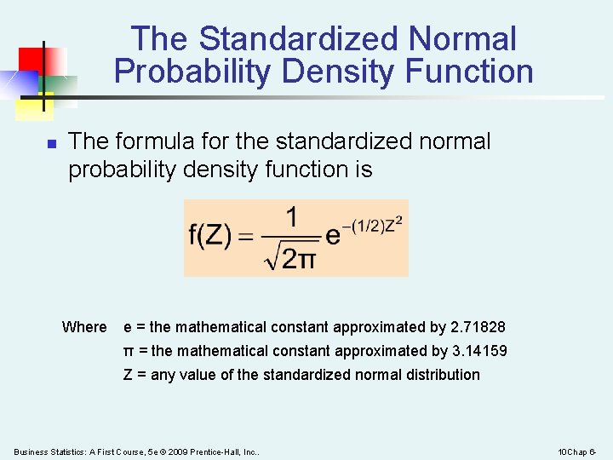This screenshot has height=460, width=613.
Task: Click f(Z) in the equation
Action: pos(209,236)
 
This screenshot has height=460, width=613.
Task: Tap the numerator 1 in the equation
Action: pos(291,218)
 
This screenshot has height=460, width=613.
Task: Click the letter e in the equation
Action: pos(333,235)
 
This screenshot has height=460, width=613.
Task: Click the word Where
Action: pos(84,327)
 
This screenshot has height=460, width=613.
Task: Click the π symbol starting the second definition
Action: pos(129,351)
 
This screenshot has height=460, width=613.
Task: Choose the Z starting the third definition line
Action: pos(129,375)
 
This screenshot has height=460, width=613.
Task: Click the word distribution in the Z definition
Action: pos(441,375)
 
